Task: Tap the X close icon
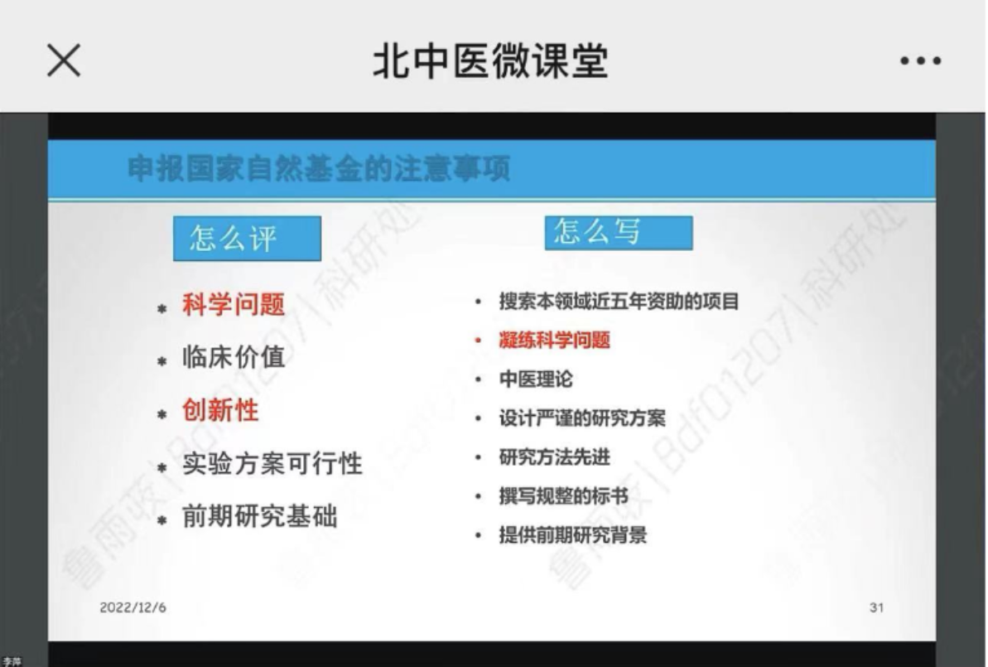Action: pos(63,60)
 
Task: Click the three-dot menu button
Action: pos(920,61)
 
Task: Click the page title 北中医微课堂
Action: pos(490,60)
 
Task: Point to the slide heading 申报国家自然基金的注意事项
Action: pos(319,170)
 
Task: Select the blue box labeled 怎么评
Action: pos(246,239)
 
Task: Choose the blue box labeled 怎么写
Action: pos(618,233)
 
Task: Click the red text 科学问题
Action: pos(233,305)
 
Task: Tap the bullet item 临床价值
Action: pos(233,357)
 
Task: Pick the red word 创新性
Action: pos(220,410)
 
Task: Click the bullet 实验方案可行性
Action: pos(272,463)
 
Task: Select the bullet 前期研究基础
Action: pos(259,517)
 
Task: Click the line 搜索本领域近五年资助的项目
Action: pos(618,302)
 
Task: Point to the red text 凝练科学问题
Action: pos(554,341)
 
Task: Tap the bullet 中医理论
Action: pos(535,379)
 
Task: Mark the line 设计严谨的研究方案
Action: pos(581,418)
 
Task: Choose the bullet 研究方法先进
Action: pos(554,457)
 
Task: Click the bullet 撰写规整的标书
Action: pos(563,496)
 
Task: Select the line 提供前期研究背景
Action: pos(572,535)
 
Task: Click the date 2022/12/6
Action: pos(133,607)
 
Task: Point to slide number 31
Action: pos(876,607)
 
